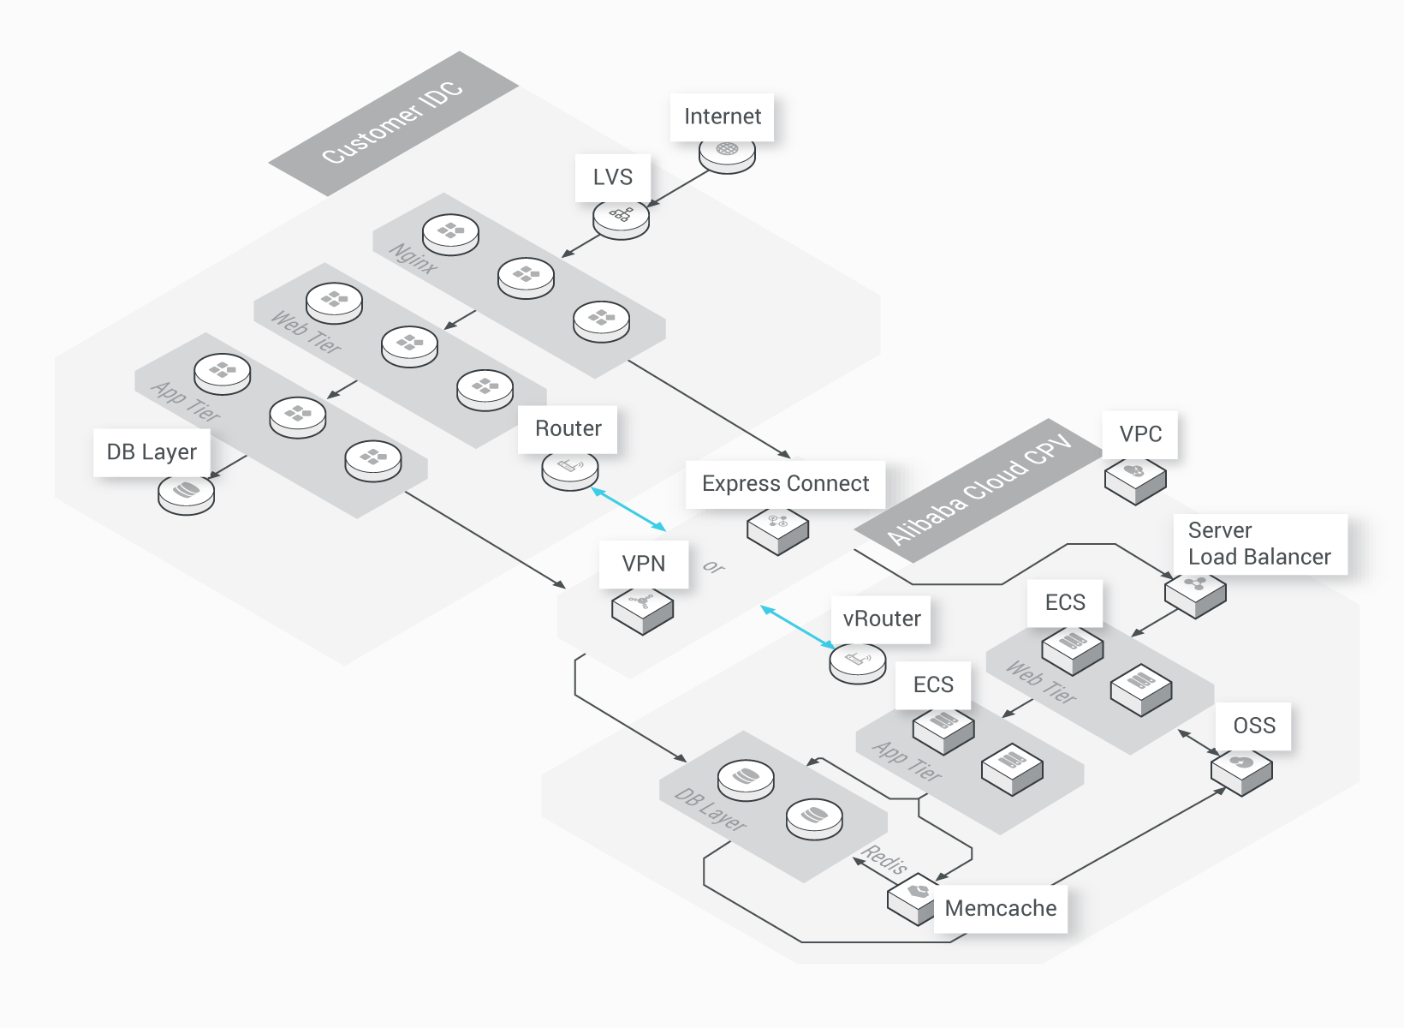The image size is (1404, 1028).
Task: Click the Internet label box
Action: (722, 117)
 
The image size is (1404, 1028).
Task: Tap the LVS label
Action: (612, 177)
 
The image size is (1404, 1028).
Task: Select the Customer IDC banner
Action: (393, 123)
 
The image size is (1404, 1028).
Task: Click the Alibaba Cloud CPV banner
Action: (979, 491)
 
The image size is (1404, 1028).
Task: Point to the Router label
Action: (568, 429)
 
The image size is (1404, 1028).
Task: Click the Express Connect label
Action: (785, 484)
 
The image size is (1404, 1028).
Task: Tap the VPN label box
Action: (644, 564)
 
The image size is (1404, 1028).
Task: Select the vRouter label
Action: (881, 619)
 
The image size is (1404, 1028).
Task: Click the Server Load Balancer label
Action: (1259, 544)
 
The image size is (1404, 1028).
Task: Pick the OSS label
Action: (1253, 726)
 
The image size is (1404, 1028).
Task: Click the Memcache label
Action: (1000, 908)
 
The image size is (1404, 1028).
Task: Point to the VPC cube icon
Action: (1135, 481)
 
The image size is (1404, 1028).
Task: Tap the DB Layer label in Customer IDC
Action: (152, 452)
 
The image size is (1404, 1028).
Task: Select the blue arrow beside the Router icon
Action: (628, 510)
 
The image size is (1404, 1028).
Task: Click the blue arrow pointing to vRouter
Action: (797, 627)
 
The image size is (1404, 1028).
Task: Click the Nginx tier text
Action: (413, 259)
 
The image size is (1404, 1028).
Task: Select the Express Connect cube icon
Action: (777, 530)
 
